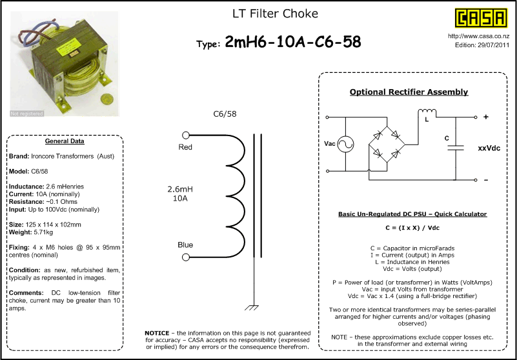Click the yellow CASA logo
click(x=481, y=18)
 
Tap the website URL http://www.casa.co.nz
click(x=478, y=36)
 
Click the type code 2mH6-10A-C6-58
click(x=293, y=42)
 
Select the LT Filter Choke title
click(x=276, y=14)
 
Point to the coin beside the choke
click(x=106, y=99)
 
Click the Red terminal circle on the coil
click(x=186, y=135)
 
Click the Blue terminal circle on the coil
click(x=186, y=257)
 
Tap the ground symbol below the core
click(x=252, y=308)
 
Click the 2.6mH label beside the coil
click(x=180, y=190)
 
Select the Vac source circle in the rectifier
click(x=345, y=144)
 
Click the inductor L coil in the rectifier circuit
click(x=427, y=112)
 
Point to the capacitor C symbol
click(x=456, y=147)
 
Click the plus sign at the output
click(x=485, y=117)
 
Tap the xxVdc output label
click(x=489, y=148)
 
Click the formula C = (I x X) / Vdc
click(x=412, y=228)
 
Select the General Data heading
click(x=65, y=141)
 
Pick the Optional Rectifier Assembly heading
click(x=409, y=92)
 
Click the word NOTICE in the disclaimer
click(x=157, y=334)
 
